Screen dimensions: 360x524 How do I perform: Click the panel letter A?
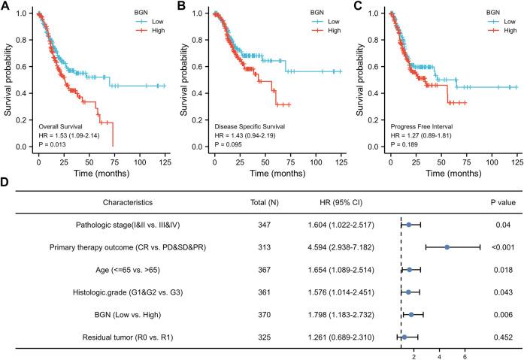[7, 7]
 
